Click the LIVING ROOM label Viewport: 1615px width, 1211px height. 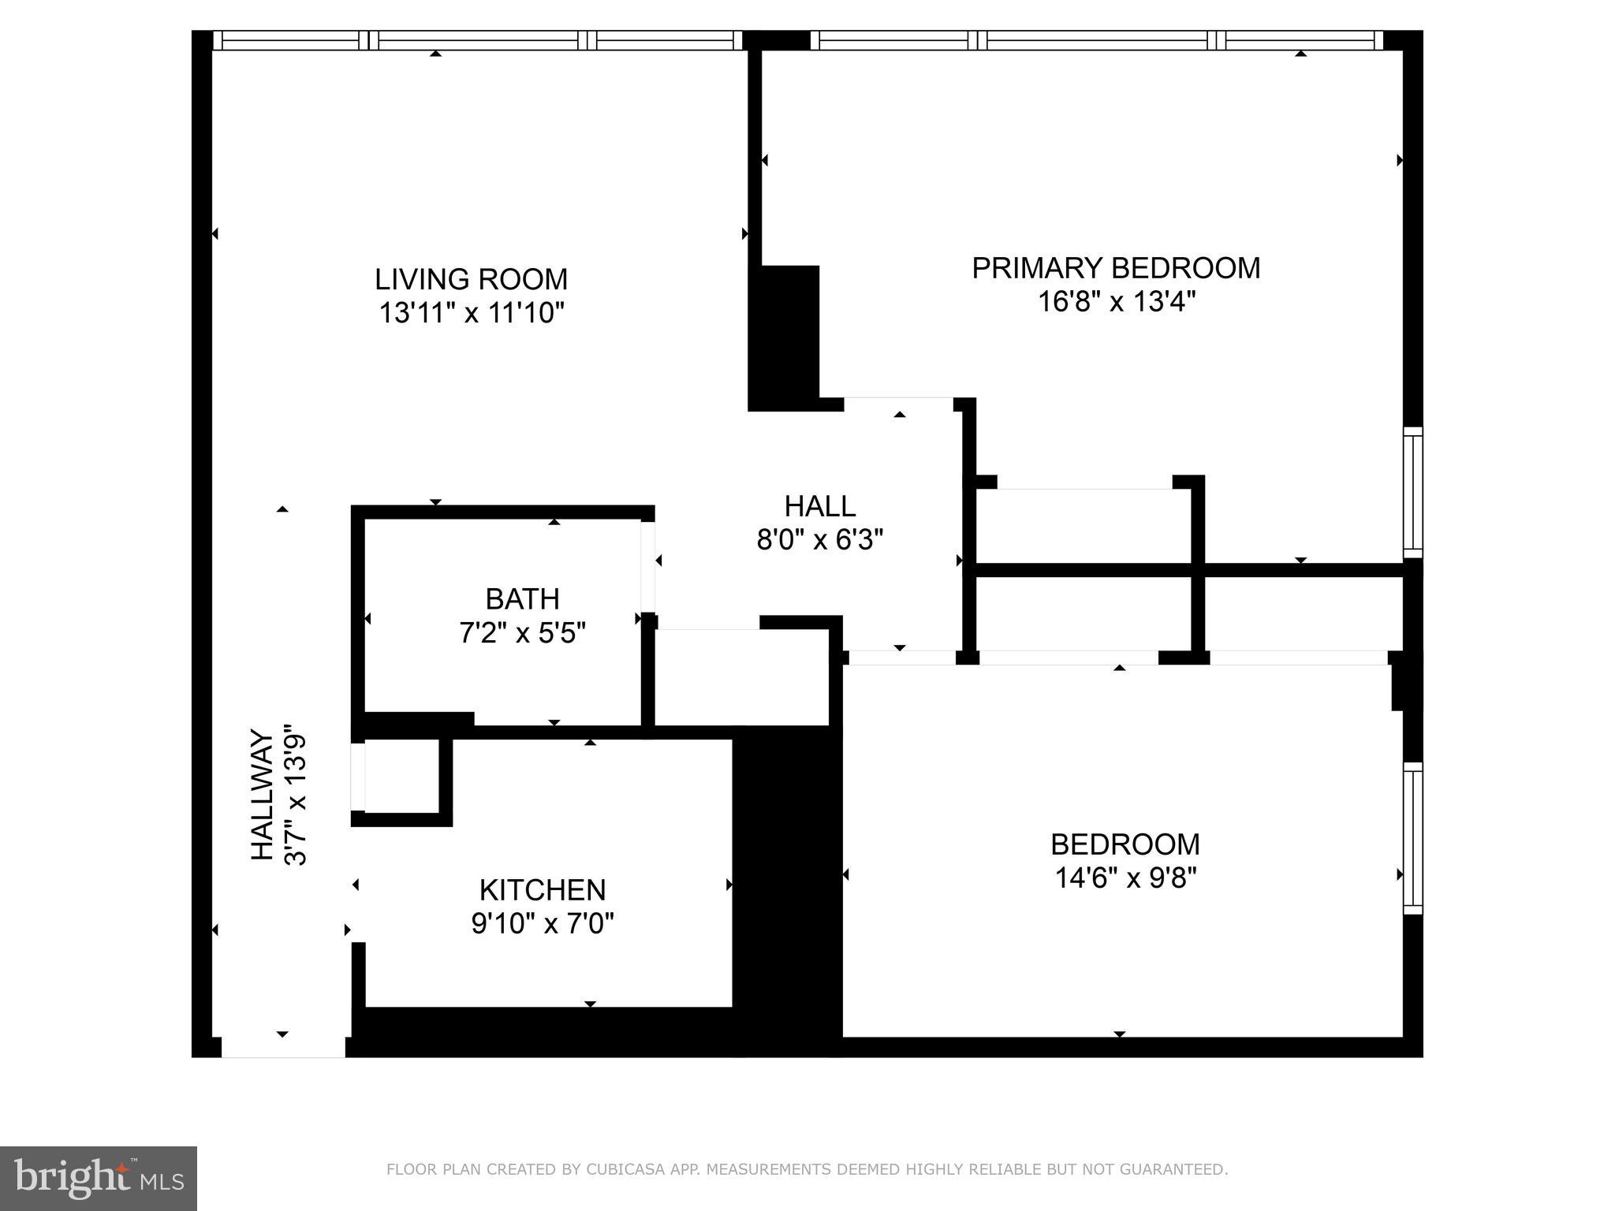pos(471,280)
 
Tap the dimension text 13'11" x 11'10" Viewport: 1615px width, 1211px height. pos(472,314)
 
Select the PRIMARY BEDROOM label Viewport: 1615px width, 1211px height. pos(1115,268)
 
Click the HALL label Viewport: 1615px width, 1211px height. pos(819,506)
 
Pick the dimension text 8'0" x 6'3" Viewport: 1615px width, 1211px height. pos(819,540)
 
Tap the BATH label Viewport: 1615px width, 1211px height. pos(522,599)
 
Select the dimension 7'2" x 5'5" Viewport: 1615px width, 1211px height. pos(522,633)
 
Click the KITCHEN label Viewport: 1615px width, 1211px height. pos(543,890)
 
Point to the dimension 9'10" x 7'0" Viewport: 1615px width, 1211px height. pos(543,923)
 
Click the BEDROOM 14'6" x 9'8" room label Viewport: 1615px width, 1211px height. pos(1125,844)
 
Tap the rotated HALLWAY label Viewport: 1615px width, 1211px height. pos(262,795)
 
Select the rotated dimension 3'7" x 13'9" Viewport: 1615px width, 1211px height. pos(295,795)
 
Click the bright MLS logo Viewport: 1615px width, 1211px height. pos(98,1178)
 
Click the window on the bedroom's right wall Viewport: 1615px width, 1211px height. pos(1412,839)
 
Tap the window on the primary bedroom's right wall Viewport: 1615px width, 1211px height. pos(1412,492)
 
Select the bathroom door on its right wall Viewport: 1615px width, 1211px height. pos(647,566)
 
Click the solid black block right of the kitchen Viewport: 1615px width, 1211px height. pos(787,883)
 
